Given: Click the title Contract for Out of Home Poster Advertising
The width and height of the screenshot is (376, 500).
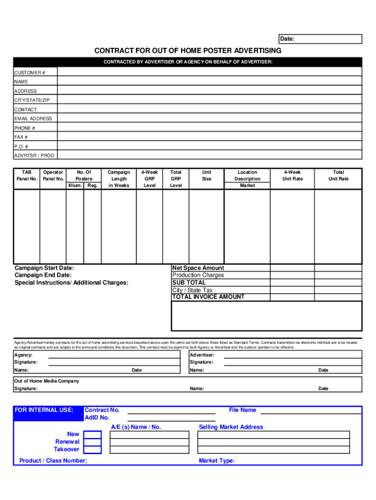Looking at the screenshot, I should pyautogui.click(x=188, y=51).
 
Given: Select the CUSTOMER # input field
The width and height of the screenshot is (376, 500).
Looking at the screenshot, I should pyautogui.click(x=210, y=72).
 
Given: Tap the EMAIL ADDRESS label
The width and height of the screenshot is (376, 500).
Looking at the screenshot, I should pyautogui.click(x=33, y=119).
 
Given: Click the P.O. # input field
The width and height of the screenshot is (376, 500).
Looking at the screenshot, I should pyautogui.click(x=210, y=146).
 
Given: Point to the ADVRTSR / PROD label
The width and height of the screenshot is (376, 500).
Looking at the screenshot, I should pyautogui.click(x=34, y=155).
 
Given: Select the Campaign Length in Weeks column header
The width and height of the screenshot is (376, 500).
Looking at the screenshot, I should pyautogui.click(x=119, y=179).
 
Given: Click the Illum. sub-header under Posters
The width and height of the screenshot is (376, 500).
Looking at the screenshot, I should pyautogui.click(x=75, y=186).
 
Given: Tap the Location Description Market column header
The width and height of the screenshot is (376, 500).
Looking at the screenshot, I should pyautogui.click(x=247, y=179).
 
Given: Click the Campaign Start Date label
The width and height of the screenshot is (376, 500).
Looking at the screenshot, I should pyautogui.click(x=44, y=268).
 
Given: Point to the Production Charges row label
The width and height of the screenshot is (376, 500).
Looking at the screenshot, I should pyautogui.click(x=198, y=275).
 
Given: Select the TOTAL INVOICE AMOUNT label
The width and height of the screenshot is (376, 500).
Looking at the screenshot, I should pyautogui.click(x=208, y=297).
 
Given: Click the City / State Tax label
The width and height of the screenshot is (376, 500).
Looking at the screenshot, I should pyautogui.click(x=192, y=290).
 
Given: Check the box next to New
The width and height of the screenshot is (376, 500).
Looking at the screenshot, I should pyautogui.click(x=92, y=435).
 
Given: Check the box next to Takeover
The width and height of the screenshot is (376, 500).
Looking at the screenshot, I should pyautogui.click(x=92, y=449).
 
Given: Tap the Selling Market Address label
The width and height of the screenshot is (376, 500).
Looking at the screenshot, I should pyautogui.click(x=230, y=427).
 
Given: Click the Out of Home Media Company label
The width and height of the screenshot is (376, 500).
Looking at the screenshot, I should pyautogui.click(x=46, y=381).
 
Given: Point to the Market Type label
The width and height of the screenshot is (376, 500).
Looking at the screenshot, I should pyautogui.click(x=216, y=460).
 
